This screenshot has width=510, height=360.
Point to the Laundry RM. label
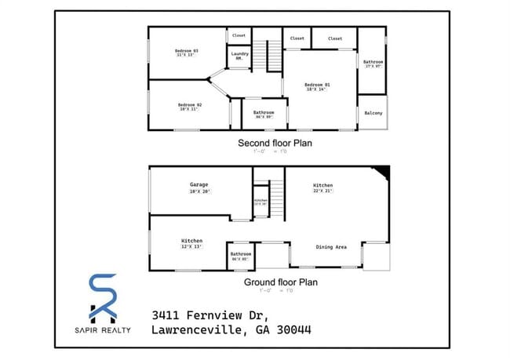coord(239,55)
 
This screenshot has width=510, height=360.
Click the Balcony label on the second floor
coord(373,114)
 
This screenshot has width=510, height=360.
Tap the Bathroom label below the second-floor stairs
coord(264,113)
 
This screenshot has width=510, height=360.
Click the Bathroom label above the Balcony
coord(373,63)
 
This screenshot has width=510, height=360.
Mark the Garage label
coord(199,185)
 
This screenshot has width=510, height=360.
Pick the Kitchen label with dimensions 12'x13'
coord(192,241)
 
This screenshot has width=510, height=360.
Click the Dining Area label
coord(331,248)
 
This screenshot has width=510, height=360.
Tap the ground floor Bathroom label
coord(241,254)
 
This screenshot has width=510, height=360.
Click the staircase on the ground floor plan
coord(275,195)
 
